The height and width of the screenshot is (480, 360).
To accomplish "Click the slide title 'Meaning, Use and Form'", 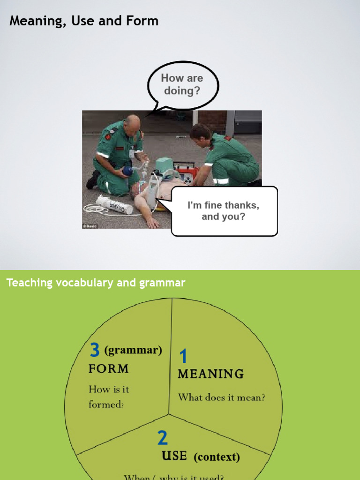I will pyautogui.click(x=84, y=21).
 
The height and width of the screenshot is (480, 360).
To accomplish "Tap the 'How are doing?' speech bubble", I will pyautogui.click(x=182, y=85).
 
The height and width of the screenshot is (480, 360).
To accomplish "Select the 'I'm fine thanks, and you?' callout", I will pyautogui.click(x=224, y=211).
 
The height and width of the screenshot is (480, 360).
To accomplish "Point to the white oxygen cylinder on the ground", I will pyautogui.click(x=114, y=205).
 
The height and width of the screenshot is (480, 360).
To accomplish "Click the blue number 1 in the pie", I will pyautogui.click(x=183, y=357).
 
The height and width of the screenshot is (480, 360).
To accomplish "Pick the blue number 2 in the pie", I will pyautogui.click(x=162, y=438).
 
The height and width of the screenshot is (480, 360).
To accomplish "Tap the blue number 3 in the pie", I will pyautogui.click(x=95, y=350).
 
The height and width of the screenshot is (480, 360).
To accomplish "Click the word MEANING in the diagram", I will pyautogui.click(x=210, y=374).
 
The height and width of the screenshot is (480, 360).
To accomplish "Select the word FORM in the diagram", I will pyautogui.click(x=108, y=369).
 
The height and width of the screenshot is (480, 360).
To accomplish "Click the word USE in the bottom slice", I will pyautogui.click(x=174, y=456).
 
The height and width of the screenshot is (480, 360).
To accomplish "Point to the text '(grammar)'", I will pyautogui.click(x=133, y=350).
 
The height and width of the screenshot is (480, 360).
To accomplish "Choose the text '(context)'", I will pyautogui.click(x=217, y=457).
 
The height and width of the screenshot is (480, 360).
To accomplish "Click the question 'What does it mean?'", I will pyautogui.click(x=221, y=397).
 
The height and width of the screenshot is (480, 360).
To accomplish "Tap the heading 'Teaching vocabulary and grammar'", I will pyautogui.click(x=96, y=283).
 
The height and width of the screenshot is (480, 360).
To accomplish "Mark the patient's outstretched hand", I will pyautogui.click(x=153, y=224).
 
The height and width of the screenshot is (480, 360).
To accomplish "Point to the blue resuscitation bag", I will pyautogui.click(x=127, y=171).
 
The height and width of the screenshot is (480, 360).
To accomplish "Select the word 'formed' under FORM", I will pyautogui.click(x=105, y=404).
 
